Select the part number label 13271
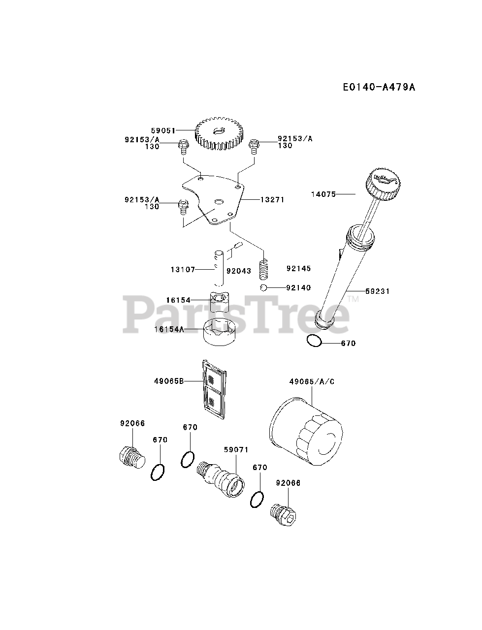coord(272,200)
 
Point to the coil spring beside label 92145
coord(265,269)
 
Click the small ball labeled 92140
coord(264,288)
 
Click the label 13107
coord(183,270)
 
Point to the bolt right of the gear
coord(254,145)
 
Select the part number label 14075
coord(323,194)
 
